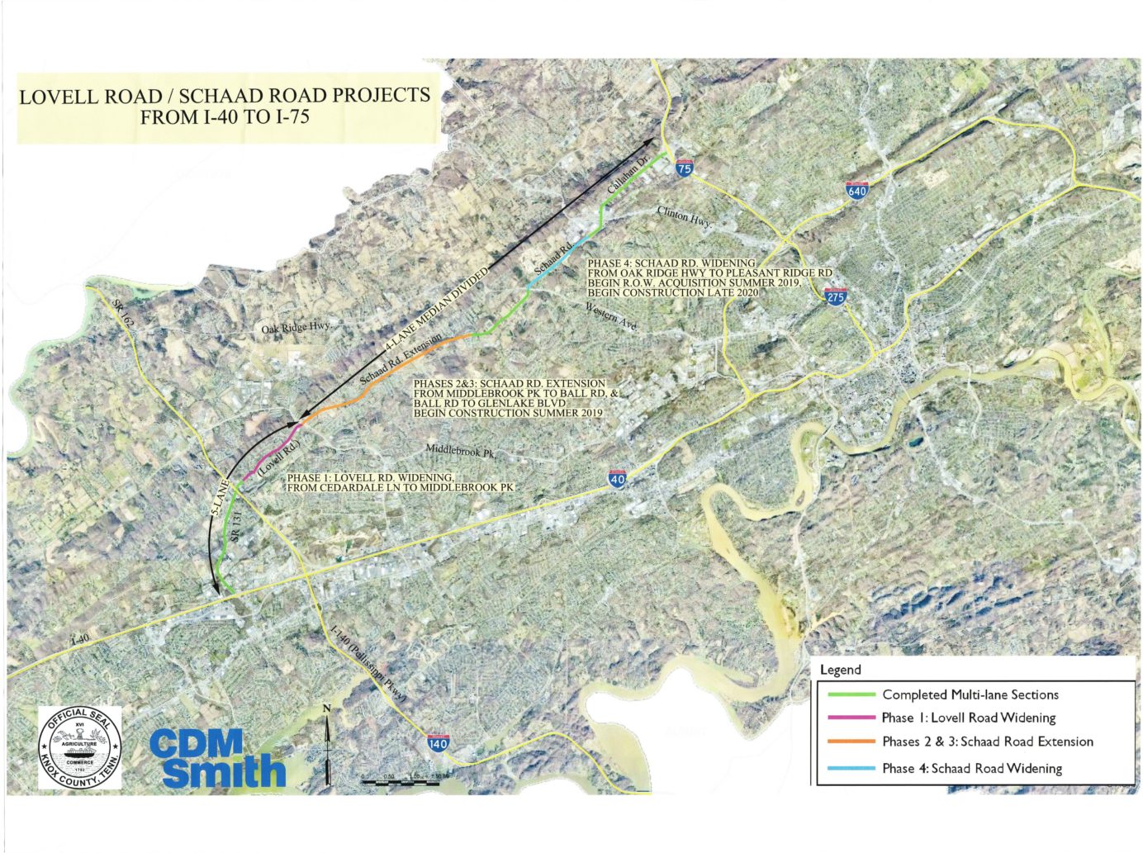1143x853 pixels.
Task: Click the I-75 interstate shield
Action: (684, 168)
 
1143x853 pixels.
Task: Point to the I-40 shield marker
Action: (617, 478)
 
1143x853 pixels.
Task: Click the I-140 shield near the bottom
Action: (439, 742)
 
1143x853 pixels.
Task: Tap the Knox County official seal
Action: (80, 747)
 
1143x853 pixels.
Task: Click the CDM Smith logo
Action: (217, 758)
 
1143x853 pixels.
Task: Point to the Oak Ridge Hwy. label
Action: (296, 328)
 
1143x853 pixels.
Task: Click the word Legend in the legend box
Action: (840, 670)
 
